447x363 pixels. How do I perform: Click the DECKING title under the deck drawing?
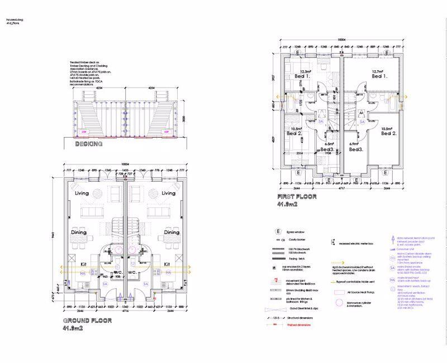pos(89,144)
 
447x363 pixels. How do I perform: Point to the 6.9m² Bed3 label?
pos(356,147)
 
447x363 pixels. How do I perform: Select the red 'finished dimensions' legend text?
pos(300,325)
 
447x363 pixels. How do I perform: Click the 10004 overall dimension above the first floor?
pos(341,40)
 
